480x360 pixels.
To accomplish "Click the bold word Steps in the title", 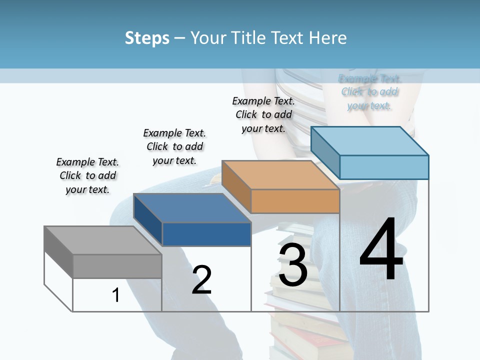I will pos(147,38).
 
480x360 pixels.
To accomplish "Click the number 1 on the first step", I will pos(116,295).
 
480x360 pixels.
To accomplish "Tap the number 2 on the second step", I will pos(201,280).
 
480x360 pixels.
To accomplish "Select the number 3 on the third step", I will pos(293,265).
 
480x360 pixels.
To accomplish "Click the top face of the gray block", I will pos(102,240).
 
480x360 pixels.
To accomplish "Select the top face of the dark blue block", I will pos(192,207).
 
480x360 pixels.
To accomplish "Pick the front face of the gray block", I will pos(117,266).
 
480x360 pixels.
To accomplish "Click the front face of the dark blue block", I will pos(206,234).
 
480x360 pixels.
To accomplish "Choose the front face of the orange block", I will pos(295,201).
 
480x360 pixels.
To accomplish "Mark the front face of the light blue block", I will pos(384,167).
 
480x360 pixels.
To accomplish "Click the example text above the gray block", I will pos(87,176).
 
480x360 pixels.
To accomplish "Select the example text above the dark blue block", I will pos(174,146).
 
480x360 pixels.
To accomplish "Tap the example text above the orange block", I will pos(263,114).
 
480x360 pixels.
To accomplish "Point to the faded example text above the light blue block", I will pos(369,92).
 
